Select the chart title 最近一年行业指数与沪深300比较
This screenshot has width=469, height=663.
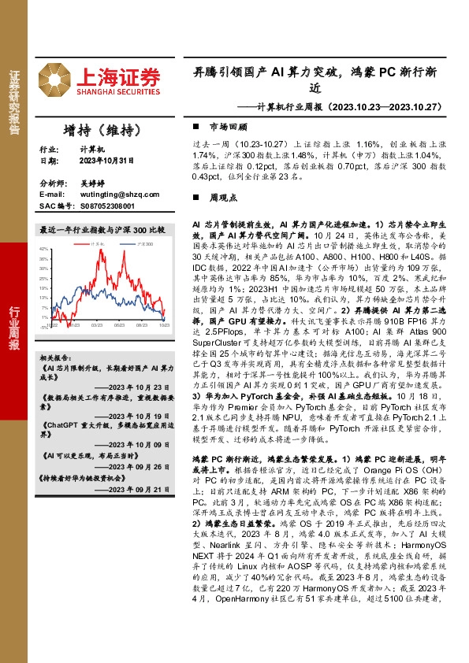[103, 231]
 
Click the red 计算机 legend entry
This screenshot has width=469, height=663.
[98, 246]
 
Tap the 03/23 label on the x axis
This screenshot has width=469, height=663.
[97, 324]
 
